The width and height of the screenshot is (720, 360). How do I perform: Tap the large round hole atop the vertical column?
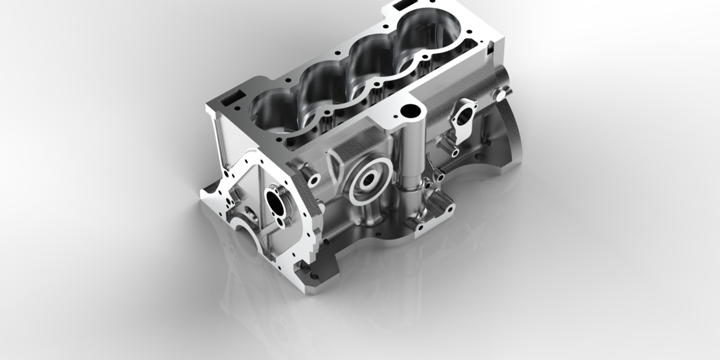coord(411,112)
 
